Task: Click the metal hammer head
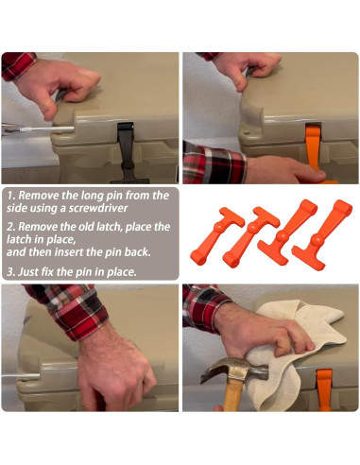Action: coord(233,371)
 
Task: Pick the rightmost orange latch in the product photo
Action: coord(322,234)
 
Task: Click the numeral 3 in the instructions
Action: coord(9,272)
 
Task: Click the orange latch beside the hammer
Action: coord(324,390)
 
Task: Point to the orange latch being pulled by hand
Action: coord(315,148)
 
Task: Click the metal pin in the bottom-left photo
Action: coord(21,376)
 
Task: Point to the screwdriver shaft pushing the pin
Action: coord(47,129)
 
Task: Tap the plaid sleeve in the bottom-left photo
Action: coord(69,309)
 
